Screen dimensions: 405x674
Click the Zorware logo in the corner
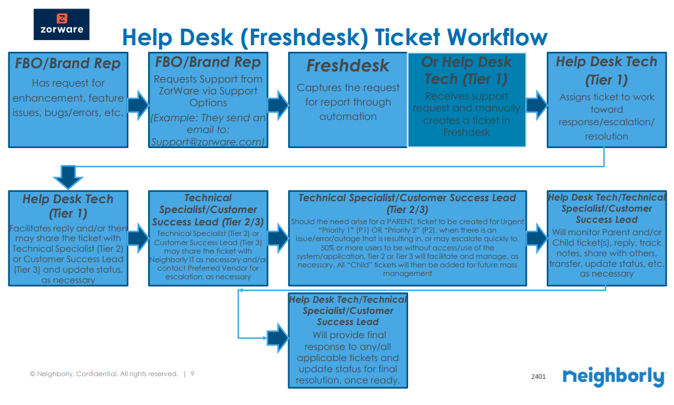coord(61,24)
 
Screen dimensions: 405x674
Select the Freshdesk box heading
coord(347,66)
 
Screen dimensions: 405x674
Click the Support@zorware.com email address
coord(208,141)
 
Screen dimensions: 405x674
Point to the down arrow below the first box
coord(67,175)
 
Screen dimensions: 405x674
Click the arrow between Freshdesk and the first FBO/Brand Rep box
coord(278,104)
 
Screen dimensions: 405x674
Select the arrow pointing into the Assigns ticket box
coord(536,104)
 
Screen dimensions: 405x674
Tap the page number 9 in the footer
coord(192,374)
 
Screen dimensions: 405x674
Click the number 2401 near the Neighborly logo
coord(538,377)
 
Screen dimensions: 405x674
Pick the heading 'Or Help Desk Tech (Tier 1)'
coord(466,70)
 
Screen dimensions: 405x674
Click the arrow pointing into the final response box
coord(277,337)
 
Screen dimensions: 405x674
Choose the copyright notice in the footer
coord(103,374)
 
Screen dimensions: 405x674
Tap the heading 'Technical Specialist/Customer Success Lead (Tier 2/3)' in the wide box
coord(407,203)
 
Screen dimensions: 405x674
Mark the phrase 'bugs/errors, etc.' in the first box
coord(69,112)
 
